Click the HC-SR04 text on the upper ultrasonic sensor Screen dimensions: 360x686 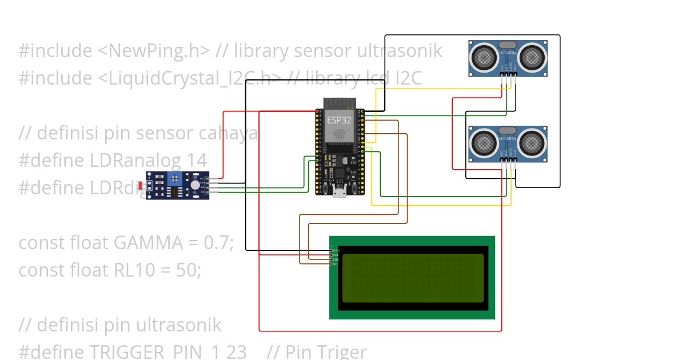pyautogui.click(x=508, y=53)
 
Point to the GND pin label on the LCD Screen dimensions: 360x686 pyautogui.click(x=336, y=251)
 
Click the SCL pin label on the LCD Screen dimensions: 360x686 pyautogui.click(x=336, y=264)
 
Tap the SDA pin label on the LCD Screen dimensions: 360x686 pyautogui.click(x=336, y=259)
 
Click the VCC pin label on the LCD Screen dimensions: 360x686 pyautogui.click(x=336, y=255)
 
